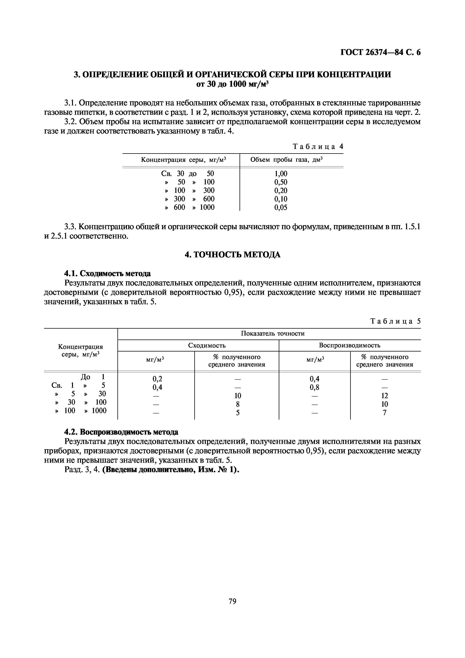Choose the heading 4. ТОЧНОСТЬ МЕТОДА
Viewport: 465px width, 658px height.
(232, 255)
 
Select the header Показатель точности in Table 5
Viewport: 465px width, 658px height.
(273, 334)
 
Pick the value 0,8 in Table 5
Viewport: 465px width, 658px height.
(314, 388)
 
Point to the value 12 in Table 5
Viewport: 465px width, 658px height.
(385, 396)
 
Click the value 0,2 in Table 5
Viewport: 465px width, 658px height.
(157, 379)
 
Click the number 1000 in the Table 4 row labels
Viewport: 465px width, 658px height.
(207, 207)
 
